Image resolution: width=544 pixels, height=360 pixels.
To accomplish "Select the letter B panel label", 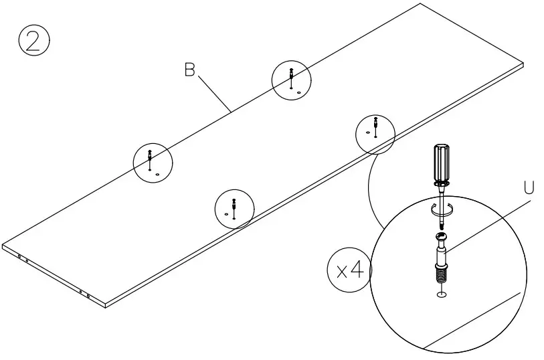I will [x=189, y=70].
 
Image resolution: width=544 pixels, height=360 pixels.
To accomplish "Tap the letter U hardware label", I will [x=529, y=189].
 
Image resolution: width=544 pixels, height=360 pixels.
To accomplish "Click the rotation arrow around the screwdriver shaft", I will [x=442, y=209].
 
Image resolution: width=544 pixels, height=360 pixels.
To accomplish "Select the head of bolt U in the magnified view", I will [x=442, y=236].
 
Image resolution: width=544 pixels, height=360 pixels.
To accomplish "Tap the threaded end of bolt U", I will [x=442, y=274].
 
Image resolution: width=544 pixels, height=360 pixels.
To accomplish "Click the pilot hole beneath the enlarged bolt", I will [x=442, y=295].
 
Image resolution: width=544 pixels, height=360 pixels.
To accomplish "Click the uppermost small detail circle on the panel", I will [x=291, y=80].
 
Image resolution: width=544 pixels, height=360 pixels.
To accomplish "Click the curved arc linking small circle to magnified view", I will [x=370, y=187].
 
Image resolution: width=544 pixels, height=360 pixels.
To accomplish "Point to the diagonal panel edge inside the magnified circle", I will [x=468, y=321].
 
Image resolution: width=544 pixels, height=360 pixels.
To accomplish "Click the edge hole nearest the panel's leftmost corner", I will [x=19, y=257].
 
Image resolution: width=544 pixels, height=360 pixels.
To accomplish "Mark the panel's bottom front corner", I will [x=106, y=306].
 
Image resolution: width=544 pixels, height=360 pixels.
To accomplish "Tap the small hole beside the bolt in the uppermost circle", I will [x=299, y=92].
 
